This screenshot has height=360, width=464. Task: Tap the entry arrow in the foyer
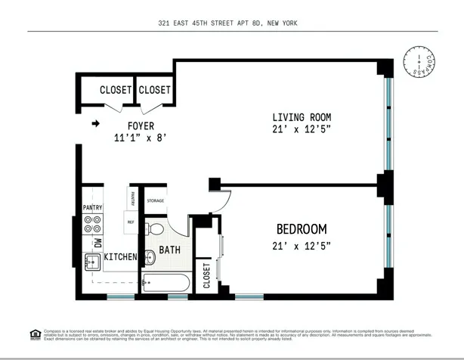96,124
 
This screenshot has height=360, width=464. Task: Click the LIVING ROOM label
302,116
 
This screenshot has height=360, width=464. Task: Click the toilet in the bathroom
156,228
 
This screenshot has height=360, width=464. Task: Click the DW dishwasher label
97,243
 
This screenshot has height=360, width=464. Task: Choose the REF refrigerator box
130,222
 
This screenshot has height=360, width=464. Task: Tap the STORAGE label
155,200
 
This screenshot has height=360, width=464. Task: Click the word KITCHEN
120,257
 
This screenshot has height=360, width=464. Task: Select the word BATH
169,249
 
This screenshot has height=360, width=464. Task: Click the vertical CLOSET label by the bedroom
206,275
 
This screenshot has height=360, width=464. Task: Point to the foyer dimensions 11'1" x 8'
139,138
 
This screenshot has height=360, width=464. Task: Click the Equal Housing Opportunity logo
35,334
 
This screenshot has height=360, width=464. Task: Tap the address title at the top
232,23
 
